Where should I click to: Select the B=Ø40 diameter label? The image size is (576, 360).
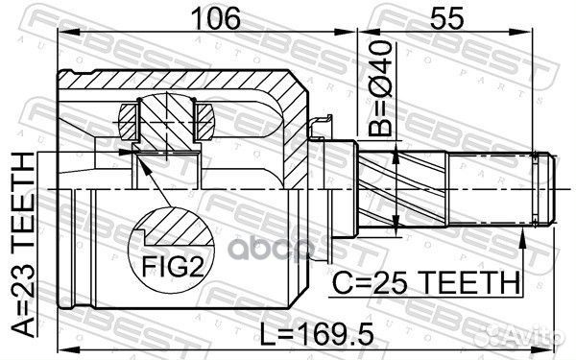383,86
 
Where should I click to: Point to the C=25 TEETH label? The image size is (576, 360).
423,283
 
